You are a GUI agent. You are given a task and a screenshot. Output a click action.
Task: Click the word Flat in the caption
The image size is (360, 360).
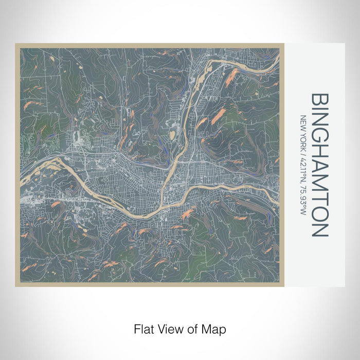coord(142,328)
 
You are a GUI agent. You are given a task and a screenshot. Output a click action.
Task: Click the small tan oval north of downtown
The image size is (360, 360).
coord(172,135)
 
